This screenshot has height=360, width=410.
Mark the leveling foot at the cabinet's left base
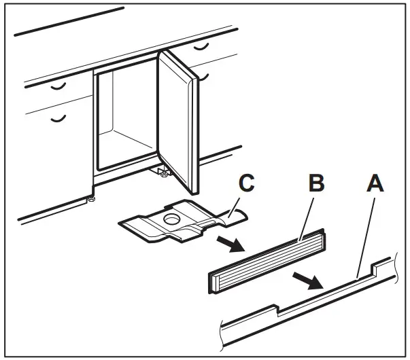coord(90,200)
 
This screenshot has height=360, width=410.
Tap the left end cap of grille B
coord(212,279)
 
